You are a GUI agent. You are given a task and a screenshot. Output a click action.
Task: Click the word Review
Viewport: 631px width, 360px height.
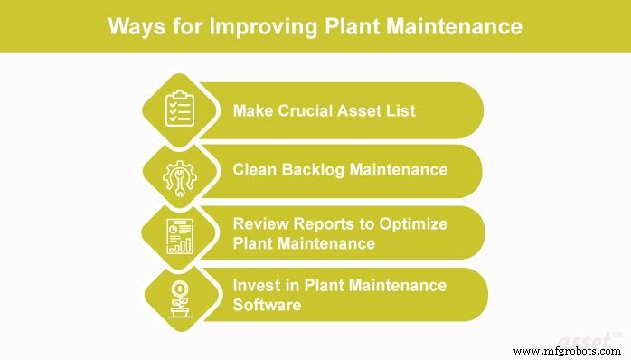(x=259, y=223)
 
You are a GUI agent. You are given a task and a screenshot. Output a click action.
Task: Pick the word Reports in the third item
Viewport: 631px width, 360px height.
(x=322, y=223)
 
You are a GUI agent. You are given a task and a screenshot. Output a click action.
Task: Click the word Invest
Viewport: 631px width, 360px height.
(x=256, y=285)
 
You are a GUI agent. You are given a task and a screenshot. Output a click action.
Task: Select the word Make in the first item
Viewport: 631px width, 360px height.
(x=251, y=111)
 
